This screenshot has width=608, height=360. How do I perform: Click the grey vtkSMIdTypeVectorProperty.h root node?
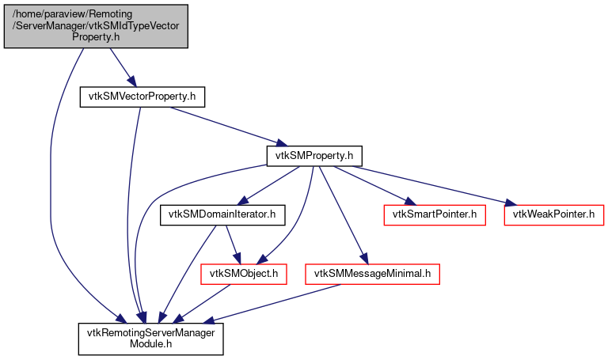(x=96, y=25)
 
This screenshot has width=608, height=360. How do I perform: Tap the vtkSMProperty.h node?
(x=314, y=155)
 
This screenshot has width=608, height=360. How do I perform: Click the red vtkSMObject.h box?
(x=244, y=274)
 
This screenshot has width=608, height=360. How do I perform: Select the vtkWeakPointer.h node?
(x=553, y=214)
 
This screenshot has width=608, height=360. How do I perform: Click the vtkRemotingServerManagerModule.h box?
(x=150, y=338)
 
